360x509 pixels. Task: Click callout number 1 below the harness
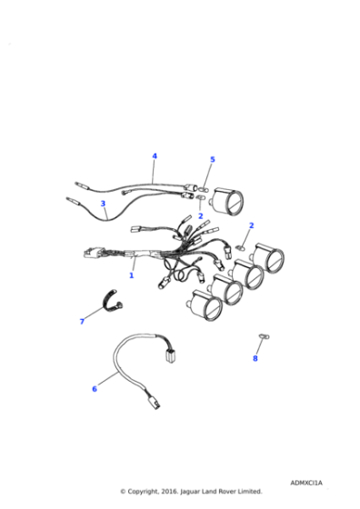coord(132,275)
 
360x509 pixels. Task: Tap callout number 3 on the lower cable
coord(103,204)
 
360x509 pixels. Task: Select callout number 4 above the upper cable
coord(155,156)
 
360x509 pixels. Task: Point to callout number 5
coord(213,159)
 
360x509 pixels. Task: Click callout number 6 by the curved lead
coord(95,389)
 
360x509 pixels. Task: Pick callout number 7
coord(82,322)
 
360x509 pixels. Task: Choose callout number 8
coord(255,358)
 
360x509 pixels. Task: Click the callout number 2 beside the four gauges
coord(251,225)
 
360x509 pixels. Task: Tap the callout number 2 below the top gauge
coord(201,216)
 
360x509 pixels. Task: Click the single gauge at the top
coord(227,201)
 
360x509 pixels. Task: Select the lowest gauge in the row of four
coord(205,305)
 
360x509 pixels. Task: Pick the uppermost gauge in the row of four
coord(269,257)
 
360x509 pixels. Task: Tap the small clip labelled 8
coord(264,336)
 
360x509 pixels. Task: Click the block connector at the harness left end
coord(92,253)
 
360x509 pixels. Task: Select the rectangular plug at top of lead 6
coord(169,356)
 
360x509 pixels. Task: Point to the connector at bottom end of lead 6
coord(155,404)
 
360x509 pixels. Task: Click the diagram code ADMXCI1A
coord(306,483)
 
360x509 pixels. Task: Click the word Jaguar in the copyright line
coord(190,492)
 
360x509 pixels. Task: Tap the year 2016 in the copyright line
coord(169,492)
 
